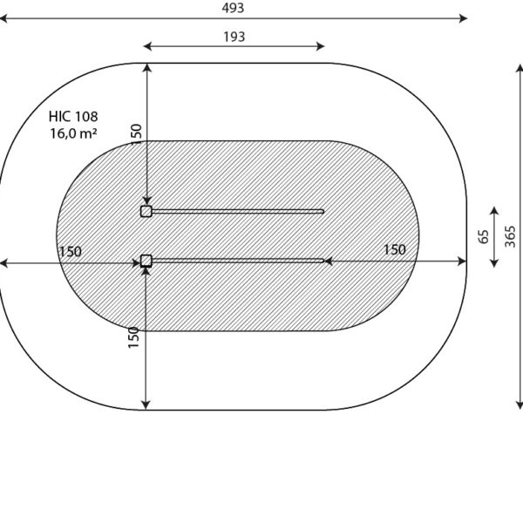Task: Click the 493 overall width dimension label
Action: coord(233,8)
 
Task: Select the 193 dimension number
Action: coord(234,37)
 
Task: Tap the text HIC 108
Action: coord(73,117)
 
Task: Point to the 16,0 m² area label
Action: coord(74,133)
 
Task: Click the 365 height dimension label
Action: coord(510,237)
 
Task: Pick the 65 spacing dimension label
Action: coord(483,237)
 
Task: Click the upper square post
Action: coord(146,211)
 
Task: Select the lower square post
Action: coord(146,261)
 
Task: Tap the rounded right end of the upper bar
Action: coord(322,211)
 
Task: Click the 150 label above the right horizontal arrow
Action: coord(395,249)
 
